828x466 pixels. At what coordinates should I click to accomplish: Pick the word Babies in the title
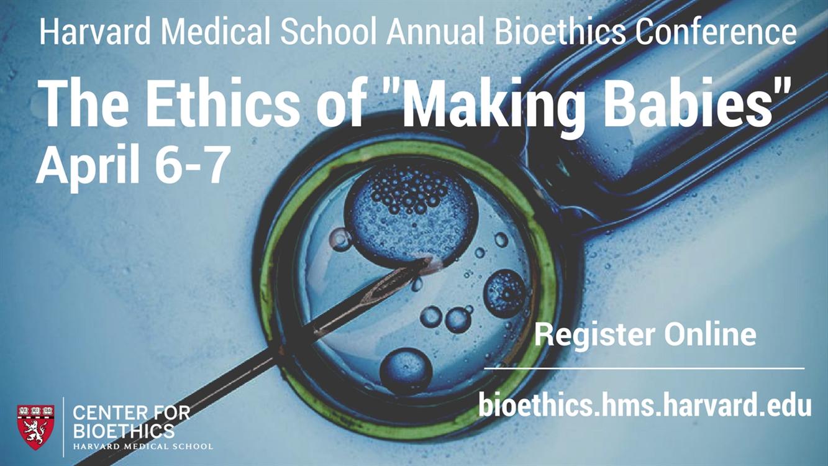[688, 104]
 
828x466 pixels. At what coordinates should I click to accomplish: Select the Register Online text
[645, 336]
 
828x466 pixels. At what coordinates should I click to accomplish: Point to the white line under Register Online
[644, 368]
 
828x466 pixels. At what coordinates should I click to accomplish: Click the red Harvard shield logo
[35, 427]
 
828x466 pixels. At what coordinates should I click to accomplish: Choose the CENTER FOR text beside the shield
[131, 413]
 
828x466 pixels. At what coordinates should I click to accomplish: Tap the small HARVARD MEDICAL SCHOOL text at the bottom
[143, 446]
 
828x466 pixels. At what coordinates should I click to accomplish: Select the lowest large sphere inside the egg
[406, 370]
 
